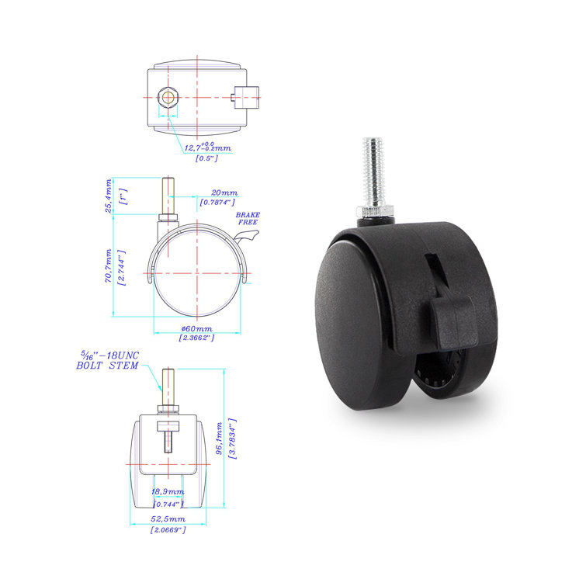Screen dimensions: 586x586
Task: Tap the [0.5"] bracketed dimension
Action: (206, 158)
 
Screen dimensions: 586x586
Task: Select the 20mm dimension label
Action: (224, 193)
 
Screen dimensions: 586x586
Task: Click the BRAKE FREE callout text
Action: (249, 217)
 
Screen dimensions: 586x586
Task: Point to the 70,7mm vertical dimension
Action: (109, 265)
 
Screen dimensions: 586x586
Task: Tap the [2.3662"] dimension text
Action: (198, 338)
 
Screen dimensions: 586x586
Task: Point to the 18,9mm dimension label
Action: (168, 492)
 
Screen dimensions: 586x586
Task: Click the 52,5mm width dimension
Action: (168, 519)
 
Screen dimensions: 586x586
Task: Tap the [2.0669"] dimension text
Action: (168, 529)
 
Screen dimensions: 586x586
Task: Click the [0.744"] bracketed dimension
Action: (168, 502)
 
